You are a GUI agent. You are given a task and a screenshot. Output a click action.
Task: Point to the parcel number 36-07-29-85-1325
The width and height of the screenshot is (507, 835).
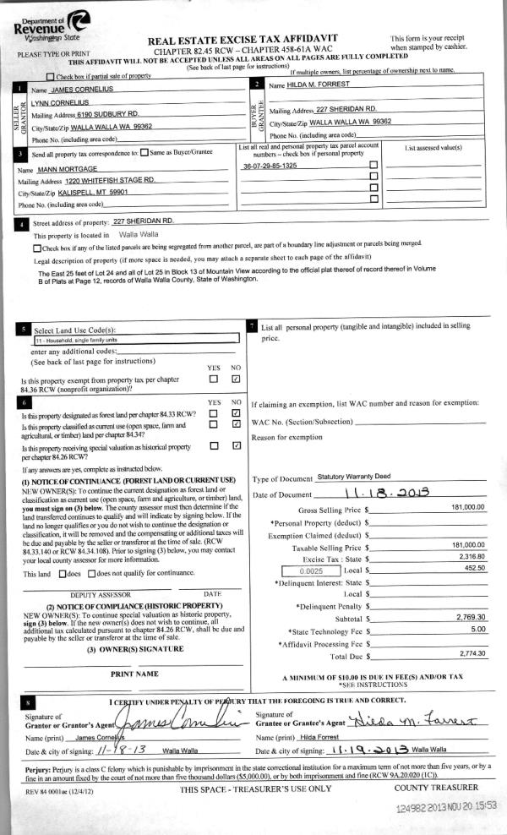tap(270, 166)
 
